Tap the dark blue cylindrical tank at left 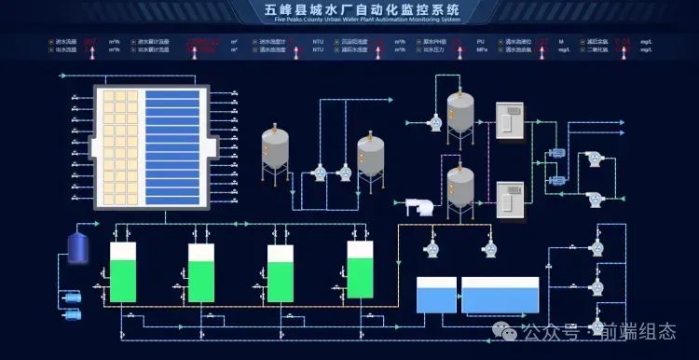pos(78,245)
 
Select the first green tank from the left pos(123,272)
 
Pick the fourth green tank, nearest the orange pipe pos(360,270)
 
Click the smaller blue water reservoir pos(436,295)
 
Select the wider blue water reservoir pos(500,295)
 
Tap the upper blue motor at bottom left pos(72,298)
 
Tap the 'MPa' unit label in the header pos(481,50)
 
